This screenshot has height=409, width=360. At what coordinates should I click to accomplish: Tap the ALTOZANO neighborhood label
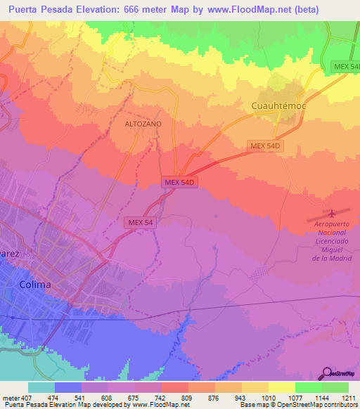[x=143, y=123]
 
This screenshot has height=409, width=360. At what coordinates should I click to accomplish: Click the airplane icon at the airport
[x=333, y=212]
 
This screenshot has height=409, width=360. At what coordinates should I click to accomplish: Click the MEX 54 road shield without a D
[x=141, y=222]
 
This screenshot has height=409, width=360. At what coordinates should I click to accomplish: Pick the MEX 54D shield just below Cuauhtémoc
[x=264, y=146]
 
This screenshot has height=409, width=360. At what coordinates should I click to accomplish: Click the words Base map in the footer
[x=254, y=405]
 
